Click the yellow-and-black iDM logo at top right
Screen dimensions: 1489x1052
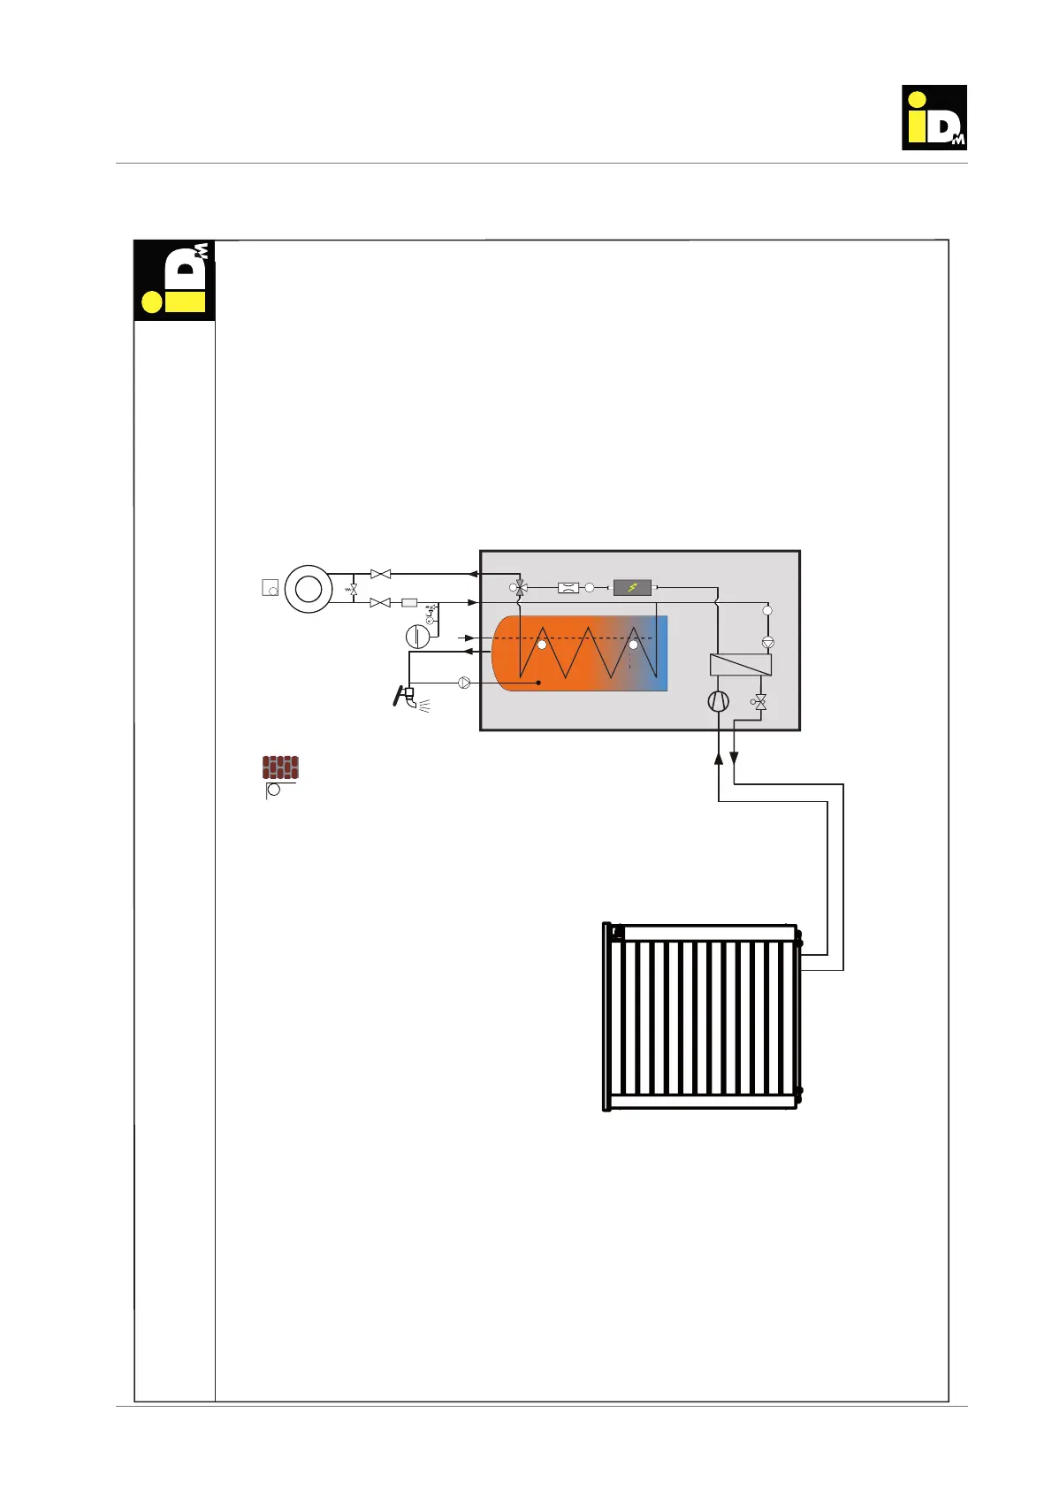tap(934, 118)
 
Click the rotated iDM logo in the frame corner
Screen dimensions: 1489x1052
tap(174, 279)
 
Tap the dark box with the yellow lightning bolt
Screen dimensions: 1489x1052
tap(632, 587)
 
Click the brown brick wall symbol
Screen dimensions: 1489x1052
tap(280, 767)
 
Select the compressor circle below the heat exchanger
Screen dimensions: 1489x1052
tap(719, 701)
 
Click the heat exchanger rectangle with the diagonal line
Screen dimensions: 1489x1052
tap(741, 665)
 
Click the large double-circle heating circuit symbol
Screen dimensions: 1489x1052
tap(309, 588)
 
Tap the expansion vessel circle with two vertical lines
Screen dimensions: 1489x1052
tap(417, 636)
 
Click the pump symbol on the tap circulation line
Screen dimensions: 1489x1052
tap(464, 683)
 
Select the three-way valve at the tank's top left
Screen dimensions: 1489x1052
tap(521, 587)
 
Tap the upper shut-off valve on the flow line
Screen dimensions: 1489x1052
tap(380, 574)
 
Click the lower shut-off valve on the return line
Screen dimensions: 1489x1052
tap(380, 602)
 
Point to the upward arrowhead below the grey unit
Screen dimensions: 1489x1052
tap(719, 758)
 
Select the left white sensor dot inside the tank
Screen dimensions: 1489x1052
tap(542, 645)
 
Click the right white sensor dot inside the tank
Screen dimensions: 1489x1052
tap(633, 645)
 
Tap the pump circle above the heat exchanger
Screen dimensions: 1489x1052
tap(767, 643)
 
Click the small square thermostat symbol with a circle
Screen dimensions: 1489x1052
tap(271, 588)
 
